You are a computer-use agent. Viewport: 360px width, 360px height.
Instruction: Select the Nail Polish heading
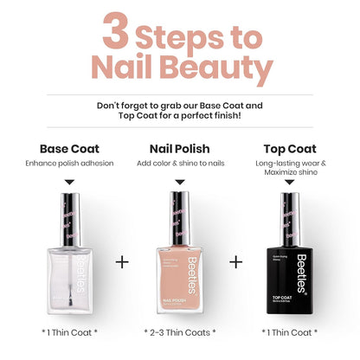click(179, 149)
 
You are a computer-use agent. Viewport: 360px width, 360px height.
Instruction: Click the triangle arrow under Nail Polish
click(179, 183)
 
